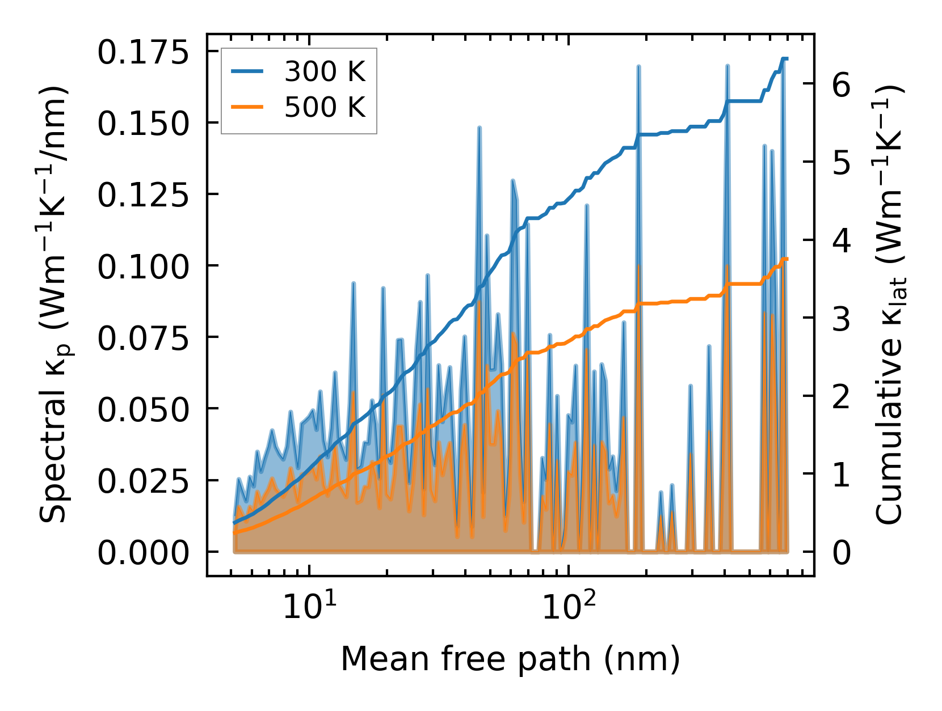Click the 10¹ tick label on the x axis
(x=309, y=606)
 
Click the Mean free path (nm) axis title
(x=510, y=659)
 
